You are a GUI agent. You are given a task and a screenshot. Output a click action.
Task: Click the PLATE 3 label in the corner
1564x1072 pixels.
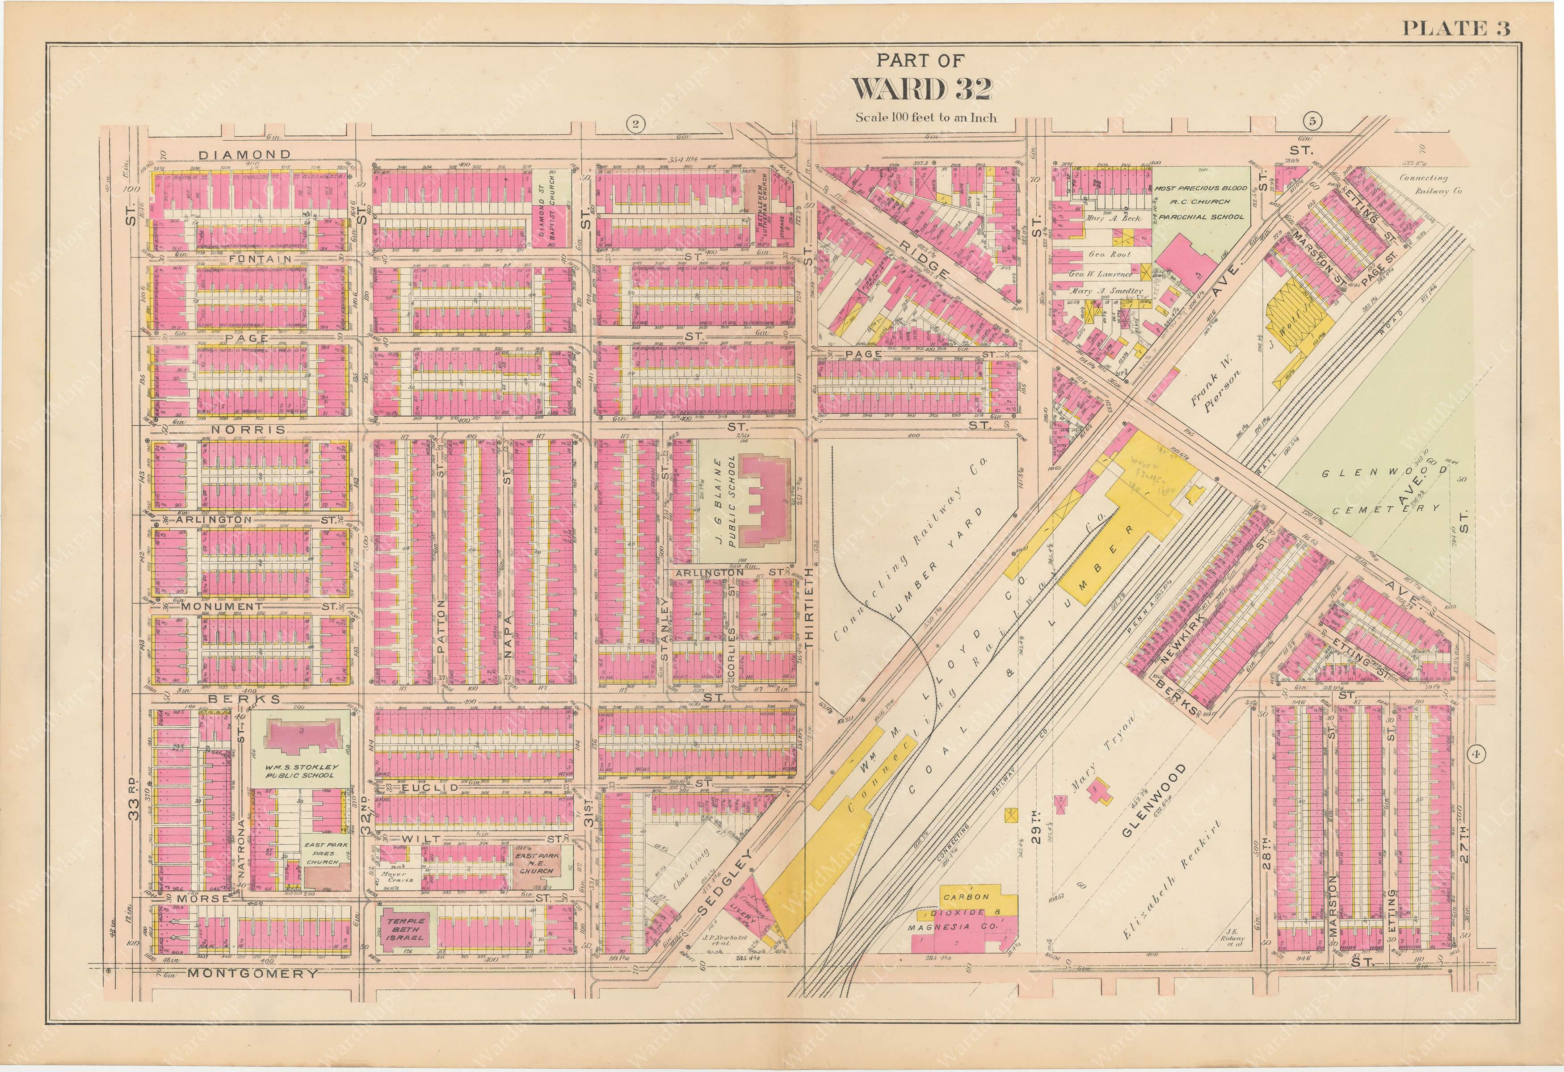tap(1456, 28)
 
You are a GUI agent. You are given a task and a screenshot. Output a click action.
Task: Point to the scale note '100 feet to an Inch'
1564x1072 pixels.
tap(926, 117)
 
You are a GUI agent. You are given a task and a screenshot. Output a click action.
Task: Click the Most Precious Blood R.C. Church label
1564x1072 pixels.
tap(1201, 202)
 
